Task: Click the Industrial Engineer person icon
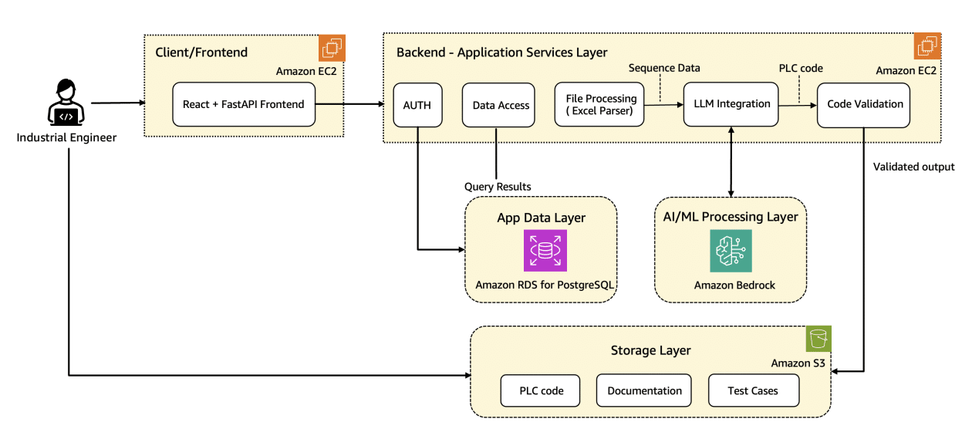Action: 66,103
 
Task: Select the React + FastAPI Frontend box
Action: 244,104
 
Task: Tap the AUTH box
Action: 417,104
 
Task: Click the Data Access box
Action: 501,104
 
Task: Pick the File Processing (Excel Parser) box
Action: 601,104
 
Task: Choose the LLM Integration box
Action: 731,104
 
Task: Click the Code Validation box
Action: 865,104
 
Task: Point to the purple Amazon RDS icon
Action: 545,251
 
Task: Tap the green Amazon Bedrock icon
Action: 731,251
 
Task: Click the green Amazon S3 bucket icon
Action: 818,339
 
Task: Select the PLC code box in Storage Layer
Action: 542,390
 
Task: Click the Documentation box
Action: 644,390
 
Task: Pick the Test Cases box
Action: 753,390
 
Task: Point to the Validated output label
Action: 913,167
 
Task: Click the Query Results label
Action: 498,187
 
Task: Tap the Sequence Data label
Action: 664,68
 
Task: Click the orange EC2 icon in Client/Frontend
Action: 332,48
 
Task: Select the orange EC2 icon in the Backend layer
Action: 928,46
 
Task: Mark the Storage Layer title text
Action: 650,350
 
